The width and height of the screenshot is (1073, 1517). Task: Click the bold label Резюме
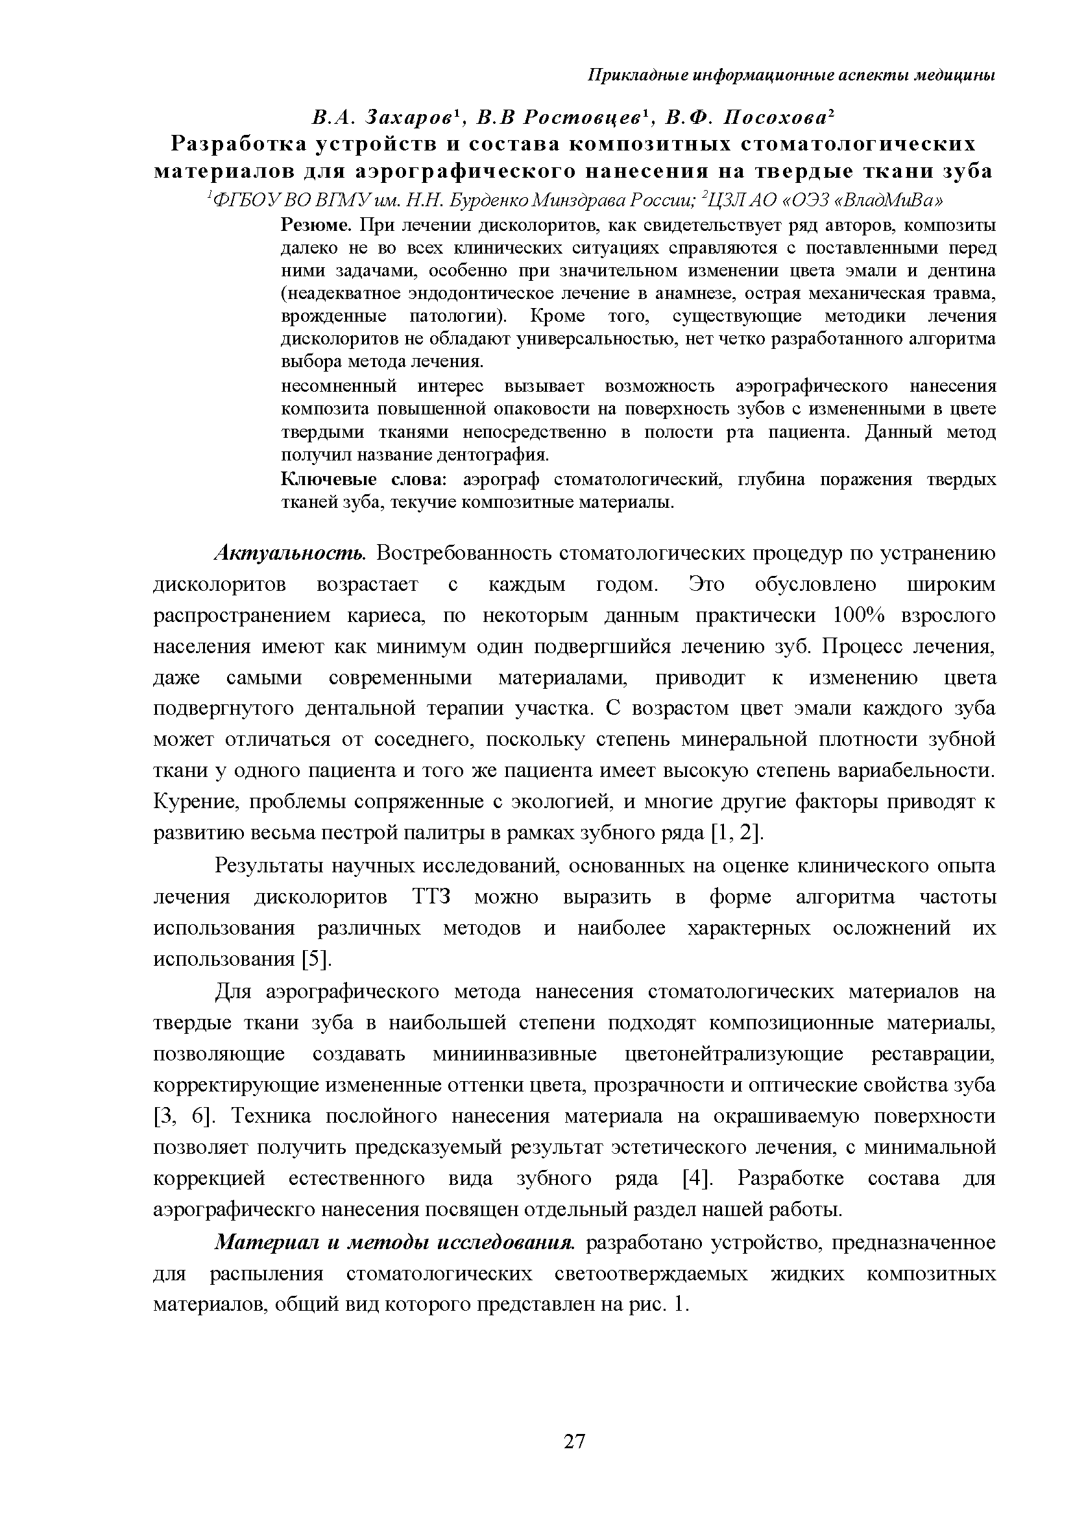[316, 226]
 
